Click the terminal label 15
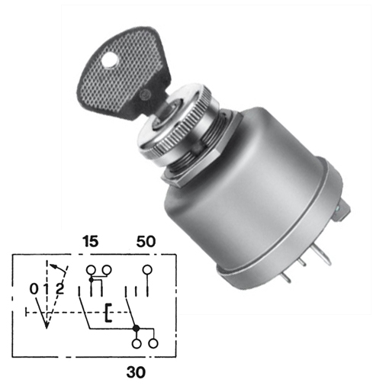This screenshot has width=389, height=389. [x=90, y=241]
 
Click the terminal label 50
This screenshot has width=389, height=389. [x=146, y=241]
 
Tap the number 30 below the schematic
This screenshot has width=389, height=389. [x=136, y=372]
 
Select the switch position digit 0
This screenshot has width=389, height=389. [x=34, y=289]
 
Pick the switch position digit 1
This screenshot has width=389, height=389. [x=47, y=289]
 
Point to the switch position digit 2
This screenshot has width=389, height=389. [x=59, y=289]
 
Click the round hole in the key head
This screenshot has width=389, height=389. [x=110, y=60]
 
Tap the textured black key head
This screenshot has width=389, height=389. [x=122, y=74]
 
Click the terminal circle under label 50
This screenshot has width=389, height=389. [x=147, y=270]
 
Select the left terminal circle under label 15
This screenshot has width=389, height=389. [x=91, y=270]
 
